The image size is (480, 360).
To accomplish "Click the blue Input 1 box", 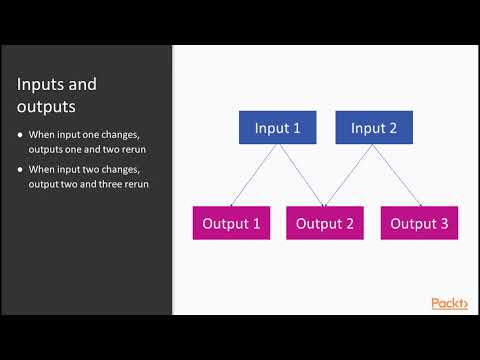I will (x=277, y=127).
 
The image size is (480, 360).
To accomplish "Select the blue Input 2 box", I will (x=374, y=127).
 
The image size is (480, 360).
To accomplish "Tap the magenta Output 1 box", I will (x=231, y=223).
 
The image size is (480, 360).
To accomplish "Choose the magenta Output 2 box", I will (x=325, y=223).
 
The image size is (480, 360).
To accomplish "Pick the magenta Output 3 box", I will (x=419, y=223).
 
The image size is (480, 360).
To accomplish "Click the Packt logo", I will (x=449, y=303).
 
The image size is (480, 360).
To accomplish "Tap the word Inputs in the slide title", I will (x=44, y=84).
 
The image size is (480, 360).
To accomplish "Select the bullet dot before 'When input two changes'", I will (x=21, y=169).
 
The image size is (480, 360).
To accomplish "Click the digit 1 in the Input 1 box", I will (x=296, y=127).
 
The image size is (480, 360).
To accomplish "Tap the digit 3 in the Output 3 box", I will (x=444, y=223).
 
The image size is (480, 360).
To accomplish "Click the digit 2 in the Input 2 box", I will (x=394, y=127).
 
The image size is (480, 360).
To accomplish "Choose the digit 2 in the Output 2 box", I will (x=349, y=223).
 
